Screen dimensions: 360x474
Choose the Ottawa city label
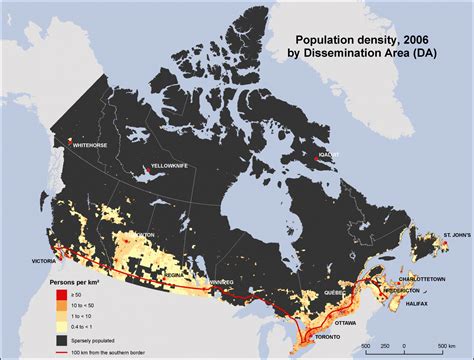tap(348, 322)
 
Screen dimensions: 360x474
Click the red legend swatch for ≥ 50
tap(59, 296)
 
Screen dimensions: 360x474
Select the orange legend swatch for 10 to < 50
tap(59, 306)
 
